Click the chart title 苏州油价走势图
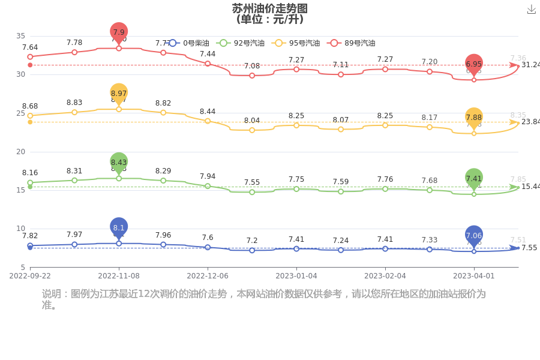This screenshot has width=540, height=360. click(x=270, y=8)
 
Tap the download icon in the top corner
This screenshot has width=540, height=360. click(x=531, y=10)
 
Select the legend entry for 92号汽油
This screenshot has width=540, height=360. click(x=239, y=43)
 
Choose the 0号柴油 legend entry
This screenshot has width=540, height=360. click(x=188, y=43)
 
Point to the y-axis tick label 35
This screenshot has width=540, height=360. click(x=20, y=36)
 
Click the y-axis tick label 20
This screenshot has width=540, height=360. click(x=20, y=152)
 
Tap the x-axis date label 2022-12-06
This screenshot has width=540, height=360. click(x=208, y=276)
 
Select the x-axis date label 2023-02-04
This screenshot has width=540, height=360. click(x=385, y=276)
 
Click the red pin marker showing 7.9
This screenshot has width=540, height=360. click(x=119, y=32)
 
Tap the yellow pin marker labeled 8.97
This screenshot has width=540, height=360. click(x=119, y=94)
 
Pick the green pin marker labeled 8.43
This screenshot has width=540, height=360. click(x=119, y=162)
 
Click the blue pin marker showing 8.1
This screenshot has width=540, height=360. click(x=119, y=227)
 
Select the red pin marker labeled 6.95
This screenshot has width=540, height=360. click(x=474, y=64)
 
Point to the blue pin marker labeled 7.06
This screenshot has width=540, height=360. click(x=474, y=236)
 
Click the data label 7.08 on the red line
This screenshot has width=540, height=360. click(x=252, y=66)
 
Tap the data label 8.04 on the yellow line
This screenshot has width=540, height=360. click(x=252, y=121)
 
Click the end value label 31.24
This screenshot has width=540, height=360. click(x=530, y=65)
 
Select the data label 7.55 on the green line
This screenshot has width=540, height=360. click(x=252, y=182)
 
